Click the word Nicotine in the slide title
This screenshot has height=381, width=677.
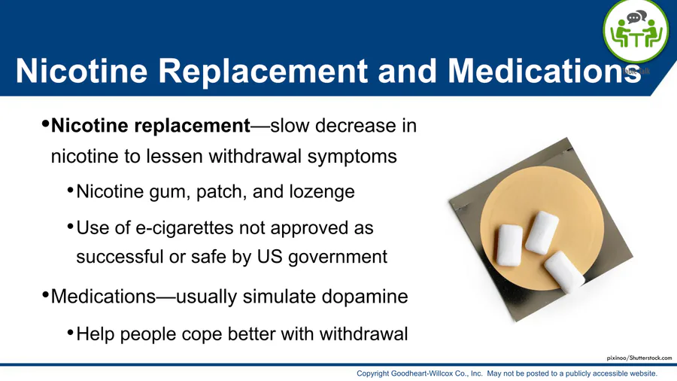click(x=81, y=71)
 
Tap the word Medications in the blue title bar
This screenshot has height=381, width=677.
click(x=545, y=71)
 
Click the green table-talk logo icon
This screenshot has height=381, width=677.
click(x=635, y=32)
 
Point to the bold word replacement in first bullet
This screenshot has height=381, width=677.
click(x=192, y=126)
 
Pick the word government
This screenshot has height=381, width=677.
click(x=338, y=257)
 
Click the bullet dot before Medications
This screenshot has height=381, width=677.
click(x=45, y=295)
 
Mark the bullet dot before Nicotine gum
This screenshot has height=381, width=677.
click(x=71, y=190)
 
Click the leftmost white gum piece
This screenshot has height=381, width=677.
click(x=509, y=245)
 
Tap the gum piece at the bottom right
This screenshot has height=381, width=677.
click(x=564, y=272)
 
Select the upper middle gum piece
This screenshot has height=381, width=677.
click(x=542, y=233)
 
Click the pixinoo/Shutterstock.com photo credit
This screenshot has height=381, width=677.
click(x=639, y=358)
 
